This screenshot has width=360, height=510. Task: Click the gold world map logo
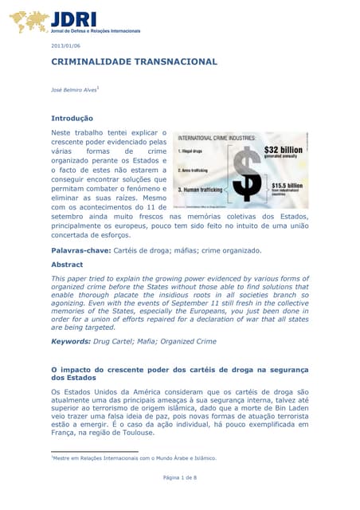click(29, 22)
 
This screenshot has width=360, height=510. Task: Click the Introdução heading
click(72, 118)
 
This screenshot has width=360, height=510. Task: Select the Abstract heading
click(67, 264)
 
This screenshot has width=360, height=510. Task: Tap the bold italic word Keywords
click(75, 341)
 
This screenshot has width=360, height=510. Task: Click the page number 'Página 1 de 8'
click(180, 477)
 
